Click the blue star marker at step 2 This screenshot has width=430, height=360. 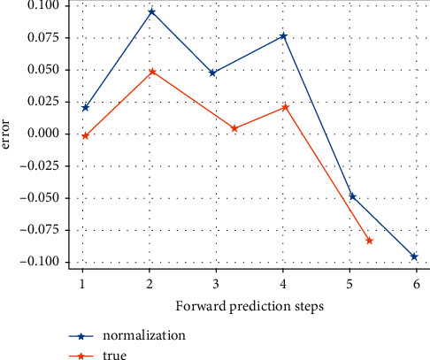[x=152, y=12]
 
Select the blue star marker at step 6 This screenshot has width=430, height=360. [x=414, y=257]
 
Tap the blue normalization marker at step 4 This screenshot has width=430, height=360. [x=283, y=35]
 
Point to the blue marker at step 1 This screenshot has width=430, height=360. [x=85, y=107]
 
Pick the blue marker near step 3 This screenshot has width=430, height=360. [x=212, y=73]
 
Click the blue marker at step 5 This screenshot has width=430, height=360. [x=352, y=196]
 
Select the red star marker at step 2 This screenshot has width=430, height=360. [x=152, y=71]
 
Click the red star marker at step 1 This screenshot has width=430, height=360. [x=85, y=135]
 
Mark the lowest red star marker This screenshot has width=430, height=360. [x=369, y=241]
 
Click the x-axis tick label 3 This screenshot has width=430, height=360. [x=216, y=285]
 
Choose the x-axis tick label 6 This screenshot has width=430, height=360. [x=415, y=285]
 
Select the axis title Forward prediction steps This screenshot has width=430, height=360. [x=249, y=306]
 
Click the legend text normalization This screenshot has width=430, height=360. [x=143, y=335]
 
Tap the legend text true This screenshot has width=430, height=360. [x=114, y=355]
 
